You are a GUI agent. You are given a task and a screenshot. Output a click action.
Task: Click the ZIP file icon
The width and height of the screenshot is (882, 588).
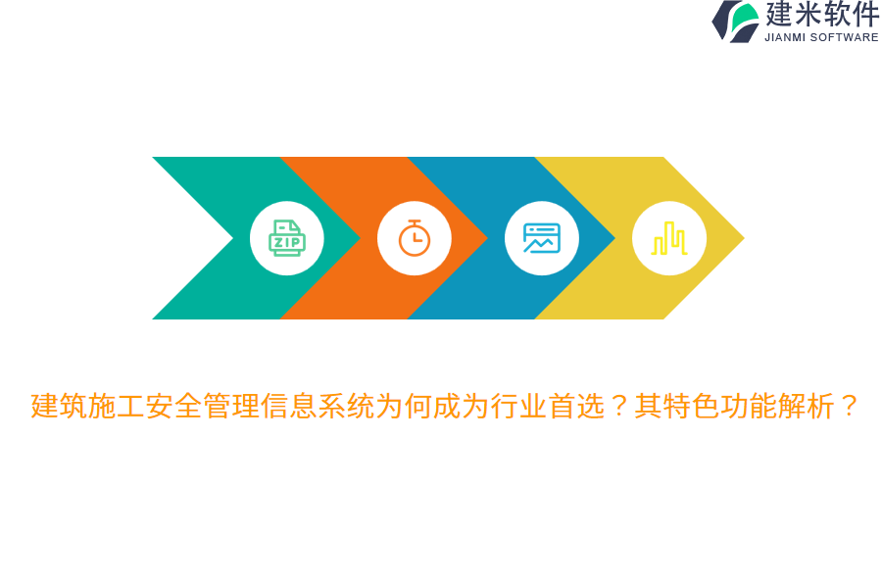287,238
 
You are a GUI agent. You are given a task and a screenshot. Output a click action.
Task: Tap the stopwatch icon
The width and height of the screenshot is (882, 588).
415,238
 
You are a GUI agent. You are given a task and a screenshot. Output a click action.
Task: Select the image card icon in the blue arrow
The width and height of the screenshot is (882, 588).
542,238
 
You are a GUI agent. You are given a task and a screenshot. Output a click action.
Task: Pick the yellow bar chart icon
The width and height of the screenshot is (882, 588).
669,238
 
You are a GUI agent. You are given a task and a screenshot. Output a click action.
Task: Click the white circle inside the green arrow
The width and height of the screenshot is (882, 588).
287,261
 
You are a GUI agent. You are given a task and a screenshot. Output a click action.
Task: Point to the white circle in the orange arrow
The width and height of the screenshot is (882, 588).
415,263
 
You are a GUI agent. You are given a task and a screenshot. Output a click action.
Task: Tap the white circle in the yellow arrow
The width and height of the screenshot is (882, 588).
669,263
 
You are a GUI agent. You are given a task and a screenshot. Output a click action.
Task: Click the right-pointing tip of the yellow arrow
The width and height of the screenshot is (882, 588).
737,238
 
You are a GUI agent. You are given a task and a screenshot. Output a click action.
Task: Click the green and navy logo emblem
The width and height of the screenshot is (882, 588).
736,21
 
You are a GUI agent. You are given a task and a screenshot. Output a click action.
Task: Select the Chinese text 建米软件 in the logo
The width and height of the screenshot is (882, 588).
822,15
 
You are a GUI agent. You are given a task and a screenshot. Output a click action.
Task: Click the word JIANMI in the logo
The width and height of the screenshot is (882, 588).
786,37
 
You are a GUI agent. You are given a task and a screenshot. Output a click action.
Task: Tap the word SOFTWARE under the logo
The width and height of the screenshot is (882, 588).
846,37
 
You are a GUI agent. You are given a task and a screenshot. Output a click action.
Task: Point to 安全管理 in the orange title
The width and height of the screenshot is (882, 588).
203,406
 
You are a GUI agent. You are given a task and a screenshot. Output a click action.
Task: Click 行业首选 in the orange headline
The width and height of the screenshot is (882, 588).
548,406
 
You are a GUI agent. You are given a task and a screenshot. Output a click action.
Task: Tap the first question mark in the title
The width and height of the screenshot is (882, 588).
619,406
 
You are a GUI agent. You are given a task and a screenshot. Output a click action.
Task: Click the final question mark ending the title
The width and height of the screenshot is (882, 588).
849,406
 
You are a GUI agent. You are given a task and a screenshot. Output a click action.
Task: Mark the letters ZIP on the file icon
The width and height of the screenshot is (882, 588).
287,242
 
